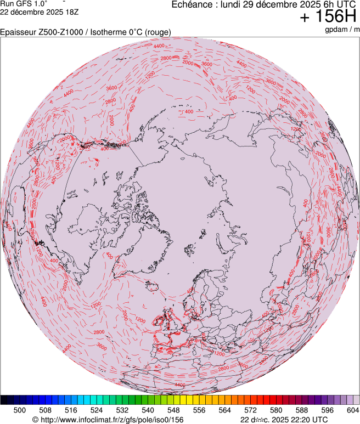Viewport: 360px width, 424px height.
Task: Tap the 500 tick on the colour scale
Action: click(x=20, y=410)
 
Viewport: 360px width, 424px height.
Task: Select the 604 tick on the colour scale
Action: click(x=353, y=410)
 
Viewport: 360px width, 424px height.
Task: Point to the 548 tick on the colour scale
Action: click(x=173, y=410)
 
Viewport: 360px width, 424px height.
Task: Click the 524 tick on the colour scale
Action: click(x=97, y=410)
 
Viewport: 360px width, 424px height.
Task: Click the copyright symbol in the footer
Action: click(x=35, y=420)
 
